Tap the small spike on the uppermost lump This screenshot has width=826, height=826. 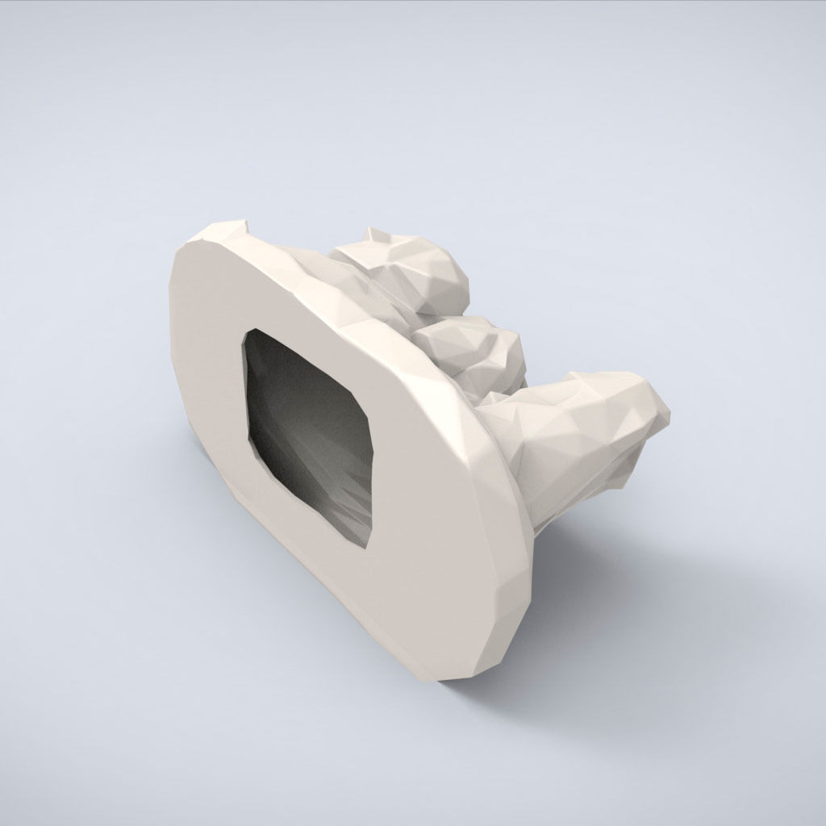373,235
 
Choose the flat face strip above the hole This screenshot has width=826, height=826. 266,290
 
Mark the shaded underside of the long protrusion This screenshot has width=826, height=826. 565,492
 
